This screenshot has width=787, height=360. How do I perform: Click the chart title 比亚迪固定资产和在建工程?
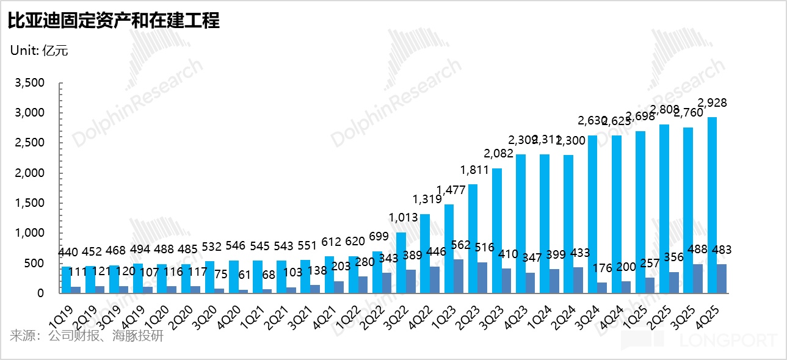coord(114,21)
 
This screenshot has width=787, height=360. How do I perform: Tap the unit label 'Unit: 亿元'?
coord(39,51)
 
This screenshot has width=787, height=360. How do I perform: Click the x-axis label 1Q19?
coord(61,309)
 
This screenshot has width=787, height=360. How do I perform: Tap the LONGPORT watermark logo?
coord(699,340)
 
